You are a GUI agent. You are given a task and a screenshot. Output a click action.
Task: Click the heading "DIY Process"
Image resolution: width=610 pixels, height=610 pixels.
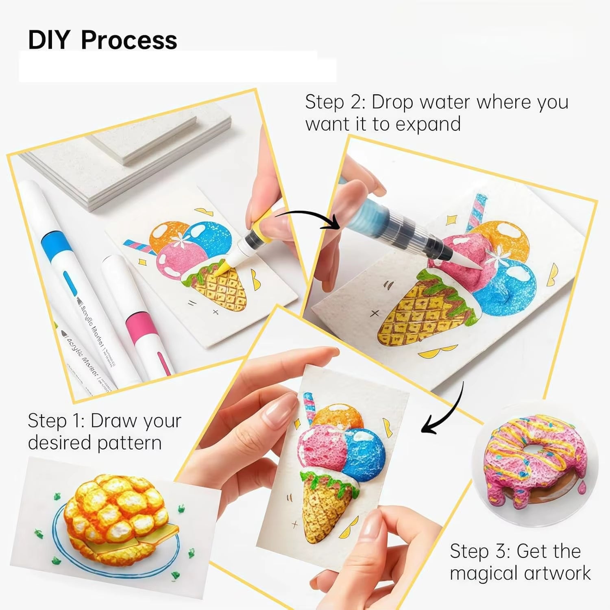102,40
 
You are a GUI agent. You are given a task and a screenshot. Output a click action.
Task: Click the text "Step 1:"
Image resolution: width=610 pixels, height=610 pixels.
56,421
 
